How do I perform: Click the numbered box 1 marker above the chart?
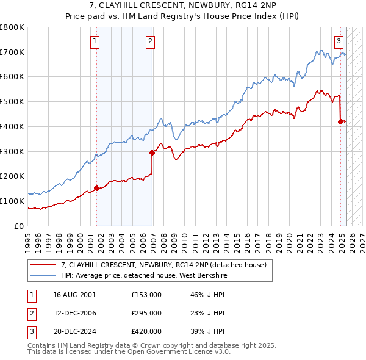(96, 41)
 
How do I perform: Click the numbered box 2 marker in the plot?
(150, 41)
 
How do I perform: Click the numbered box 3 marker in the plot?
(339, 41)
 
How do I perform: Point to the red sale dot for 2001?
(96, 188)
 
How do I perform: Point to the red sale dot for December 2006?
(152, 153)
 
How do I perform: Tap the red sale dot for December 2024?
(341, 121)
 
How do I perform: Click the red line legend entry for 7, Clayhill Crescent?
(163, 265)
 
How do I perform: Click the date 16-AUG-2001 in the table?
(74, 294)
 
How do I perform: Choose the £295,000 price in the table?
(146, 313)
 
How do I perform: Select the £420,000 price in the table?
(146, 331)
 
